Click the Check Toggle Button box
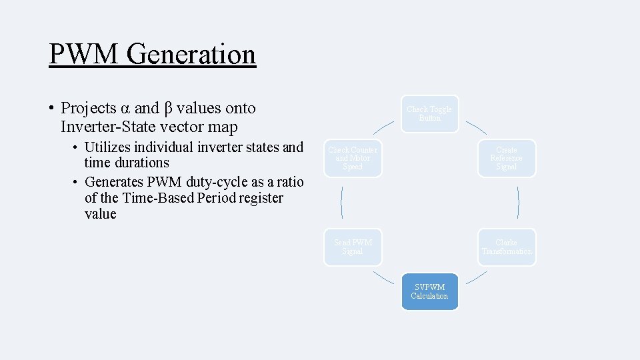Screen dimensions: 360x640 click(x=430, y=113)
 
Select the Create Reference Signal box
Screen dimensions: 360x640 click(x=506, y=159)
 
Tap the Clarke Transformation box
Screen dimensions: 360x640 click(x=507, y=247)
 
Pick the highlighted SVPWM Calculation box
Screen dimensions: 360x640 click(x=429, y=292)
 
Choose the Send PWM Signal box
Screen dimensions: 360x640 click(x=353, y=247)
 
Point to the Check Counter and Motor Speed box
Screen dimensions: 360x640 click(x=353, y=159)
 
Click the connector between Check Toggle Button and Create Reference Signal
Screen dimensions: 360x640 click(x=475, y=127)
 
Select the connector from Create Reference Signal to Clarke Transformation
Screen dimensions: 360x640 click(x=519, y=203)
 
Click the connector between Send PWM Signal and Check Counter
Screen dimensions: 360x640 click(x=341, y=203)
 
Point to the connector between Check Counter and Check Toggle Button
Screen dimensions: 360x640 click(x=383, y=127)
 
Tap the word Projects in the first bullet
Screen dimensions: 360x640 click(x=88, y=108)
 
